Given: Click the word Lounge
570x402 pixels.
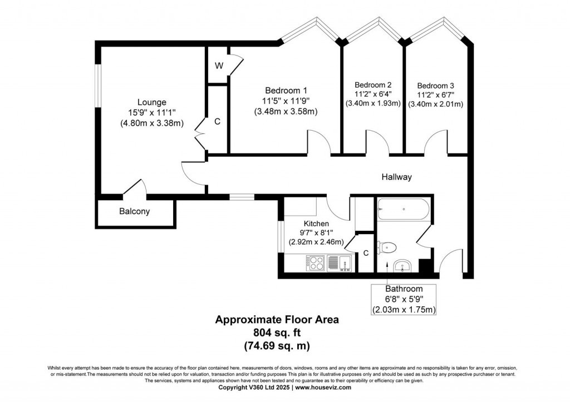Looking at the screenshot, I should [152, 102].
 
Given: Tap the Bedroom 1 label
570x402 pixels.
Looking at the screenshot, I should [286, 90].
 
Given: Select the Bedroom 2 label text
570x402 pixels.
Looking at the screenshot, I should [373, 85].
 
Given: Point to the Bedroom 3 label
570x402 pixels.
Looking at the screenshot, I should [435, 86].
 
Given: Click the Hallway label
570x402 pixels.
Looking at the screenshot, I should [396, 177].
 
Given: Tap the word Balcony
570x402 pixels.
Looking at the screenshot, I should [134, 211].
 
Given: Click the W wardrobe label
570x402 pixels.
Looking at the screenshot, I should [219, 66].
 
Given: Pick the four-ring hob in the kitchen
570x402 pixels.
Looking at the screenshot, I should [315, 262].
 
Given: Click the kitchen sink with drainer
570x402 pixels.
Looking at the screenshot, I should [340, 262].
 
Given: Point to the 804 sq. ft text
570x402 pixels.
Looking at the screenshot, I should [277, 332].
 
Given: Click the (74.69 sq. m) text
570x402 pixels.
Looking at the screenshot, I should [277, 345].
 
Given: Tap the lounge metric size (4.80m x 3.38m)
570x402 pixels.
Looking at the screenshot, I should [152, 123].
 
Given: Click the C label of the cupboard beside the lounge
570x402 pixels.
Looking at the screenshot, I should [217, 121].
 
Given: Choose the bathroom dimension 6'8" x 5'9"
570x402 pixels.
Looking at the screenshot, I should [404, 299].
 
